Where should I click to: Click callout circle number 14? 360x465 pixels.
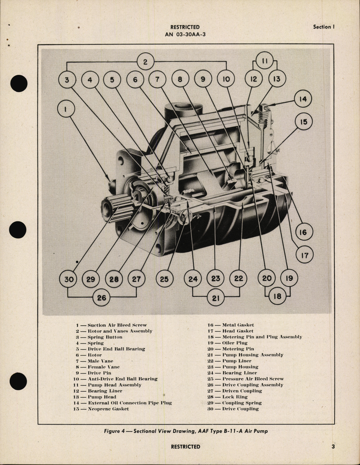click(x=303, y=99)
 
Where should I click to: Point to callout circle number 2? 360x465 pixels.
click(x=145, y=62)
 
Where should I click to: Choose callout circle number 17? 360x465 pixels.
click(x=304, y=255)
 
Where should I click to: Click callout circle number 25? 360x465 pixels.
click(x=164, y=279)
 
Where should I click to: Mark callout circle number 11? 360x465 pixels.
click(x=265, y=61)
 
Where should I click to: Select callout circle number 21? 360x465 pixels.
click(x=216, y=298)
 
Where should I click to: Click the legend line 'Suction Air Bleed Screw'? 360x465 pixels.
click(x=112, y=325)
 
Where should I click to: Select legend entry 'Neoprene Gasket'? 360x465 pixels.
click(x=101, y=409)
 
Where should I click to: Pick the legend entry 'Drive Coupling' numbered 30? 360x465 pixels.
click(x=233, y=409)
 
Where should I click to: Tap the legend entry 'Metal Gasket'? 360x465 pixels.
click(x=231, y=325)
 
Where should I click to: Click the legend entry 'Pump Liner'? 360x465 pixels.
click(x=230, y=361)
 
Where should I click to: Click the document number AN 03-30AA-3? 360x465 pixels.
click(x=185, y=35)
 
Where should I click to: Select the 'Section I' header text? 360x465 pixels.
click(x=324, y=27)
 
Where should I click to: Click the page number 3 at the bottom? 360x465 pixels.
click(x=333, y=447)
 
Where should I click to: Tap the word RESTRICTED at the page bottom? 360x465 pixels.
click(x=186, y=447)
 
